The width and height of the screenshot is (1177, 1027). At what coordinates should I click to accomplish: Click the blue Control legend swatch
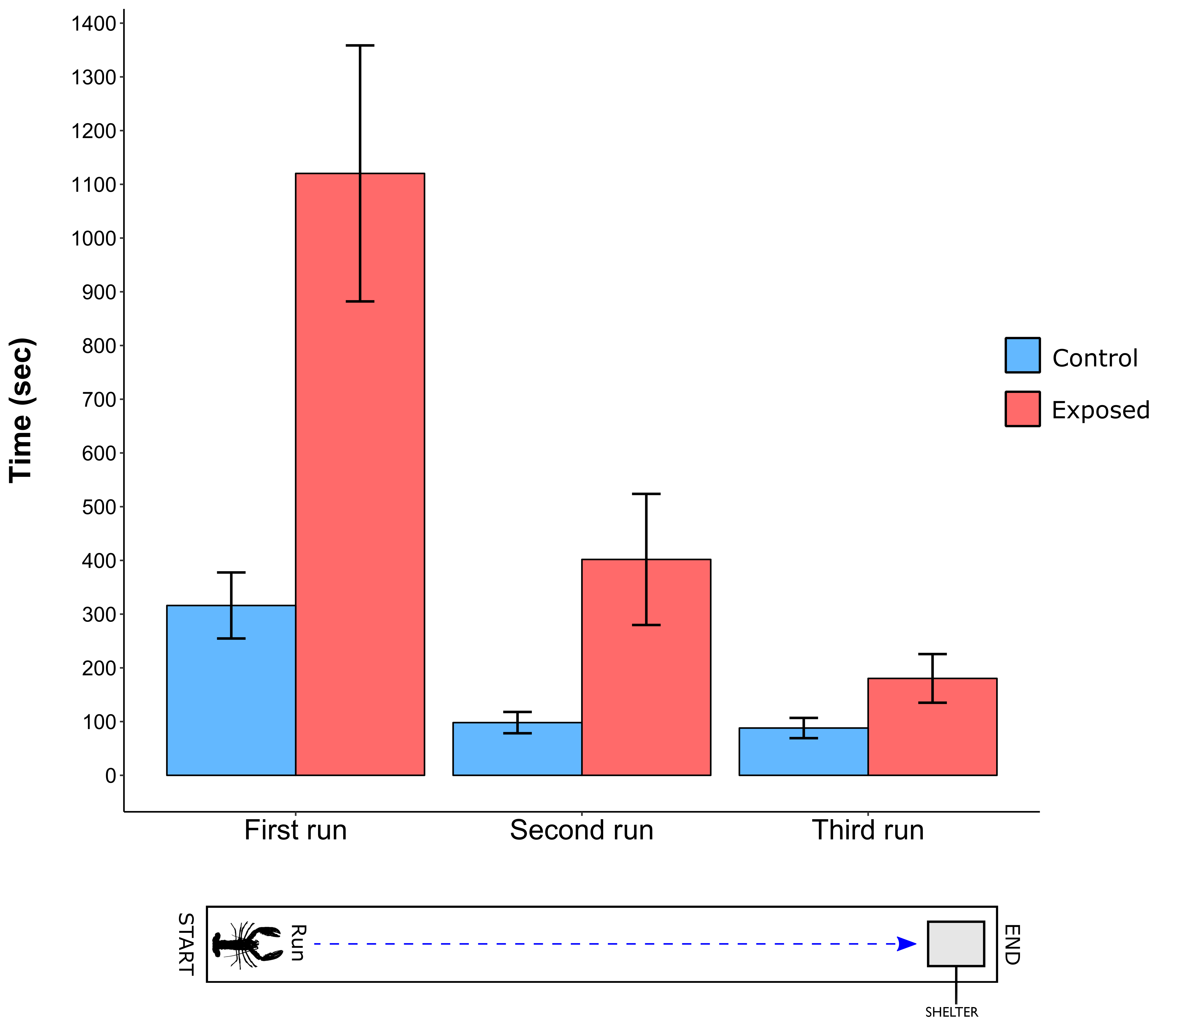coord(1022,355)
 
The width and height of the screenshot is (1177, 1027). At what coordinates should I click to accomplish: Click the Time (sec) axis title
coord(22,410)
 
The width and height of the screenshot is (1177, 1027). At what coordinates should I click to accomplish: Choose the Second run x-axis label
coord(582,831)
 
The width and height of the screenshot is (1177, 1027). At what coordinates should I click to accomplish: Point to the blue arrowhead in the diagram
coord(907,944)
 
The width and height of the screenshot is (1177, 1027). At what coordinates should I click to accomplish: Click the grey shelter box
coord(956,944)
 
